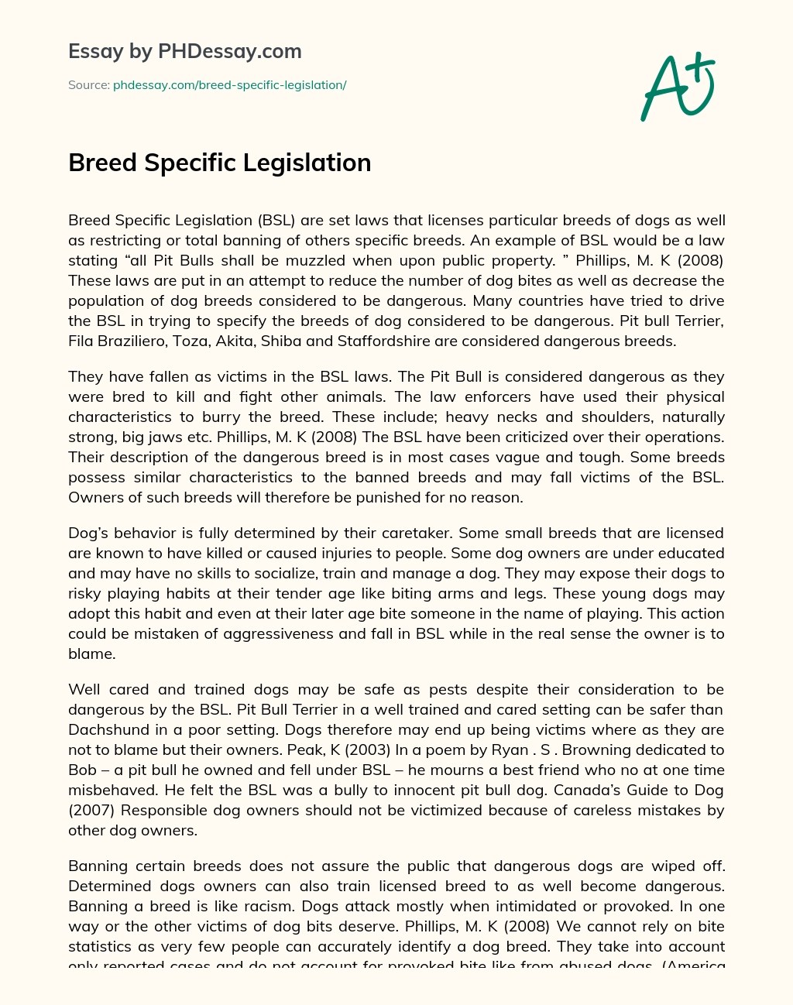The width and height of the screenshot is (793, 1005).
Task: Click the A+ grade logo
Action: click(678, 87)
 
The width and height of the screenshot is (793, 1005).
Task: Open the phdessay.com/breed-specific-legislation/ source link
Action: click(229, 85)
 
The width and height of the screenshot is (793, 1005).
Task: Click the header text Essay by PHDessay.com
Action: click(184, 51)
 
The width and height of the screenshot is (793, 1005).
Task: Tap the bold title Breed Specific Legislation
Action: click(219, 163)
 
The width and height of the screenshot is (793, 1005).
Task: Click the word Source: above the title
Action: click(88, 85)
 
